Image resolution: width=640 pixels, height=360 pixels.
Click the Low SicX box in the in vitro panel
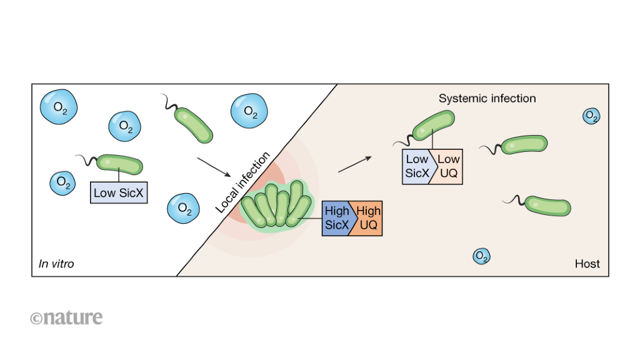click(119, 192)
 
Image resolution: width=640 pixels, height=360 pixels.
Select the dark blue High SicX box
click(337, 218)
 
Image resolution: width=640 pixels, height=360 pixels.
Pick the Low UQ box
click(448, 166)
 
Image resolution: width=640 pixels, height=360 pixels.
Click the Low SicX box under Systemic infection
click(417, 166)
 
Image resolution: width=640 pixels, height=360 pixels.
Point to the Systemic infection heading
click(487, 98)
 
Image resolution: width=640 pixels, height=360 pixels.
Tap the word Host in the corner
click(587, 264)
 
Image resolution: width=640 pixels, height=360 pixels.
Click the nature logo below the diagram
click(66, 317)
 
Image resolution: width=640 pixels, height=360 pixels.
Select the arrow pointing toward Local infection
click(213, 166)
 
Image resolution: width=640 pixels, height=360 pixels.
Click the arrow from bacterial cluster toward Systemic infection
click(354, 164)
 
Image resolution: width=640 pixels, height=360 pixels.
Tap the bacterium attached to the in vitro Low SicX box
click(119, 164)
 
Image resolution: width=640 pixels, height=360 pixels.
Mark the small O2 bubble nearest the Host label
click(481, 256)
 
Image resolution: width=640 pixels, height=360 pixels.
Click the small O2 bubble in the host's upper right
click(591, 116)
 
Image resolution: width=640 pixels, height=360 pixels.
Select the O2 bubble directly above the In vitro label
click(62, 182)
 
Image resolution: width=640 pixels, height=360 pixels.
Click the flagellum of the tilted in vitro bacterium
click(167, 101)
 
